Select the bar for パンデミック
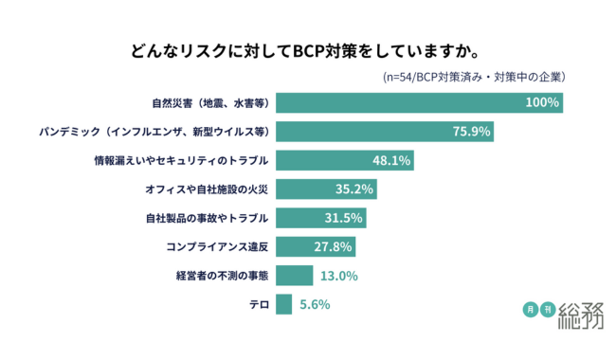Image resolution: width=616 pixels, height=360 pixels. pos(384,131)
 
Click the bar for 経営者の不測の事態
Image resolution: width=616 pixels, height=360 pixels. pos(295,276)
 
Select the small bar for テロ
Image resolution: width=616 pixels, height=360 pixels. pos(283,304)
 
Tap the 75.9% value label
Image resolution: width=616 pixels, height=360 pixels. pos(471,131)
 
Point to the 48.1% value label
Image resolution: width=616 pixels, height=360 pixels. pos(390,160)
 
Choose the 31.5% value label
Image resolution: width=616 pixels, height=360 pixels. pos(344,218)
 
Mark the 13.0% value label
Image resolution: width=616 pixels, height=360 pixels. pos(338,276)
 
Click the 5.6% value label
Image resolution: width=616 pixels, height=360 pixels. pos(314,304)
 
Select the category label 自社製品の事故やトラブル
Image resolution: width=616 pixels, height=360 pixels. pos(207,218)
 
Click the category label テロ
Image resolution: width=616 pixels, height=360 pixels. pos(258,304)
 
